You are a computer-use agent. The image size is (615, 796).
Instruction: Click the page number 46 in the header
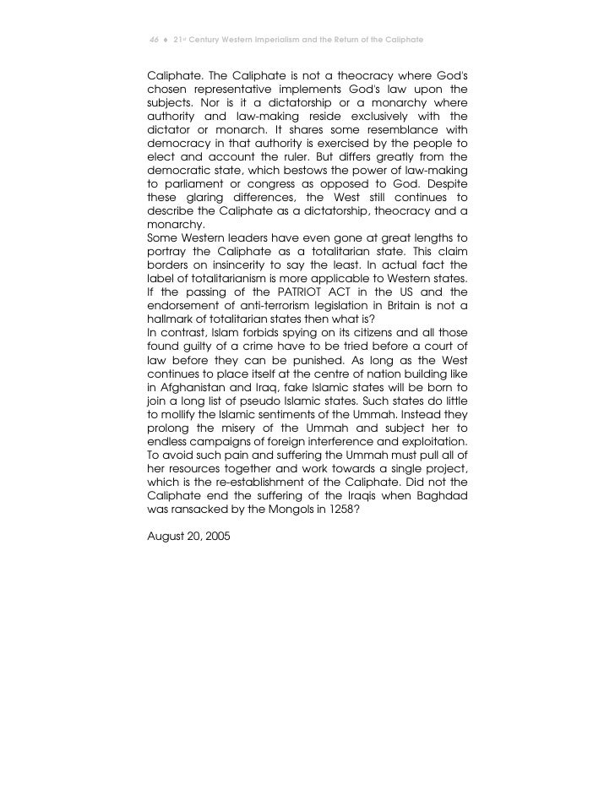coord(153,41)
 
